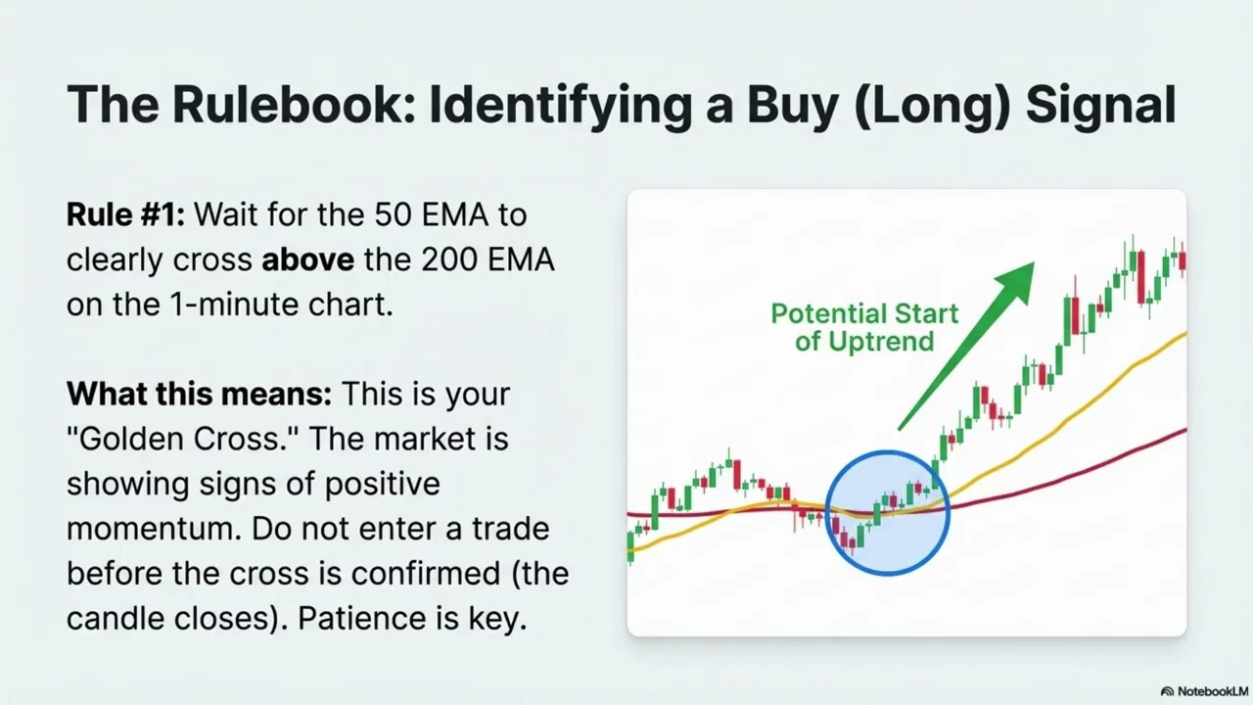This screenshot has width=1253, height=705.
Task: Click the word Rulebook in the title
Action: pos(295,105)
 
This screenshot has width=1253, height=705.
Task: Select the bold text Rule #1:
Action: pos(125,214)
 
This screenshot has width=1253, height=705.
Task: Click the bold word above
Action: pos(307,259)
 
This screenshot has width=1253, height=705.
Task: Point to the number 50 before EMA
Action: pos(394,214)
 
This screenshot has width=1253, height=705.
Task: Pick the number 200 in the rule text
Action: pos(449,259)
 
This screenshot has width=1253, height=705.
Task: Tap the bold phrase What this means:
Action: pos(199,394)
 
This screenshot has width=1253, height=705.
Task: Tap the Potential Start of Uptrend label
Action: pos(864,327)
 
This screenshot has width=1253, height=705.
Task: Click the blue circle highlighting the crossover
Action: pos(827,512)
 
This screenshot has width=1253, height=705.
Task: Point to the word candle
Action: pos(116,618)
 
